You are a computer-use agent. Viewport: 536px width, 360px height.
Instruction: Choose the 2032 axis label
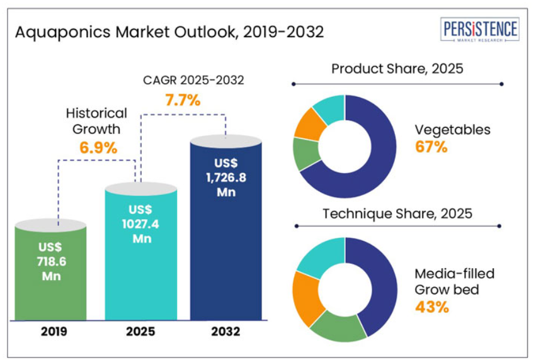pyautogui.click(x=225, y=331)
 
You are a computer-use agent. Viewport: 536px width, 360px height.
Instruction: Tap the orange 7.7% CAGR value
pyautogui.click(x=183, y=99)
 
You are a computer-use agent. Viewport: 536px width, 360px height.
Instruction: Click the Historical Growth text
pyautogui.click(x=97, y=121)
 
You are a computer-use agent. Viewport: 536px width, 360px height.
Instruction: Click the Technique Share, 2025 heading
pyautogui.click(x=397, y=213)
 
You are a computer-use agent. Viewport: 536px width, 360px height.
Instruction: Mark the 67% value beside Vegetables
pyautogui.click(x=431, y=147)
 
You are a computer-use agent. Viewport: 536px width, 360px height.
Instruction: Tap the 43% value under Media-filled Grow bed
pyautogui.click(x=432, y=307)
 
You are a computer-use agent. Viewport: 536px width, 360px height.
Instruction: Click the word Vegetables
pyautogui.click(x=452, y=130)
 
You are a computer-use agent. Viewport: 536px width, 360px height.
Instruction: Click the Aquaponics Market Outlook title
pyautogui.click(x=169, y=31)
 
